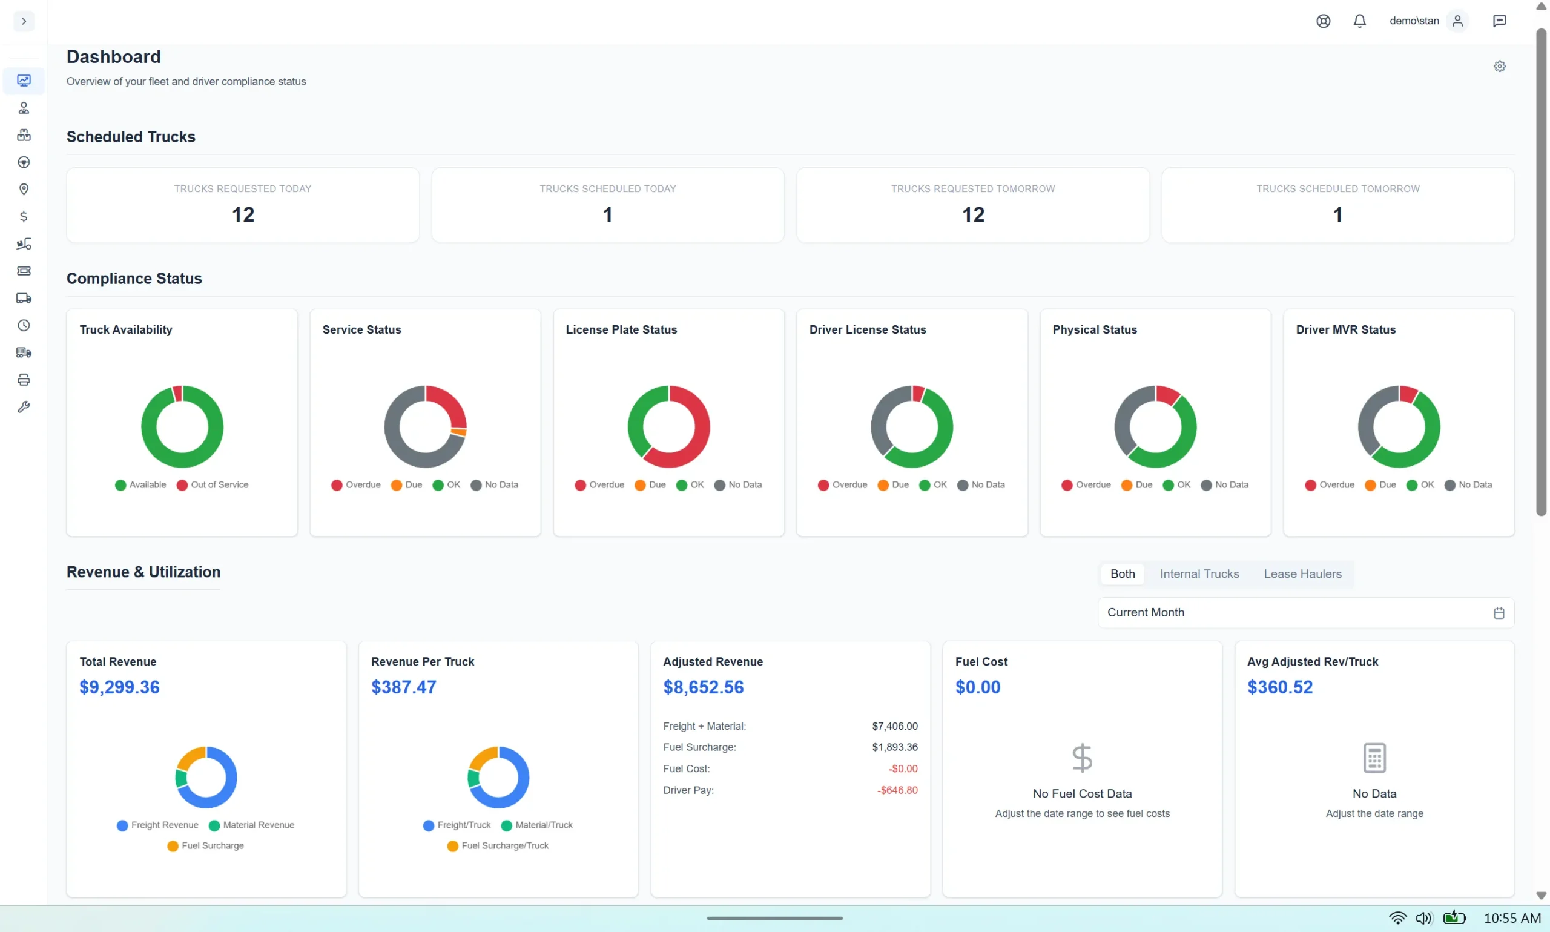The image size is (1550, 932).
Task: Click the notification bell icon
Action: point(1359,21)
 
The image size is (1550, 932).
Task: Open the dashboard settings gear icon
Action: point(1499,67)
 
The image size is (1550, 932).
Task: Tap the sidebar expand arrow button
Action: point(24,21)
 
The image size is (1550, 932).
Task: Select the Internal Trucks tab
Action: point(1199,574)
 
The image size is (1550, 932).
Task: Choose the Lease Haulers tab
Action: point(1302,574)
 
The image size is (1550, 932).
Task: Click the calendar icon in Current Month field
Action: point(1499,613)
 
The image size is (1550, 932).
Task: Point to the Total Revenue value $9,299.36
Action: point(119,687)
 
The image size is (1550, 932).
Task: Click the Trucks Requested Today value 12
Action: point(243,216)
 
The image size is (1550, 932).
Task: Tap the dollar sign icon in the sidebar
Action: point(24,217)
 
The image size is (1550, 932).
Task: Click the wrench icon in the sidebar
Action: point(24,407)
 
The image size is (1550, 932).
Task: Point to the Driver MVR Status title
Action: point(1345,329)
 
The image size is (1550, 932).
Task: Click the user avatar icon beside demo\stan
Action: point(1457,21)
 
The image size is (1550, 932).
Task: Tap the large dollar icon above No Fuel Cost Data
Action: point(1082,758)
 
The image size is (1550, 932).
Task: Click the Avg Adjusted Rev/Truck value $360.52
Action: point(1279,687)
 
